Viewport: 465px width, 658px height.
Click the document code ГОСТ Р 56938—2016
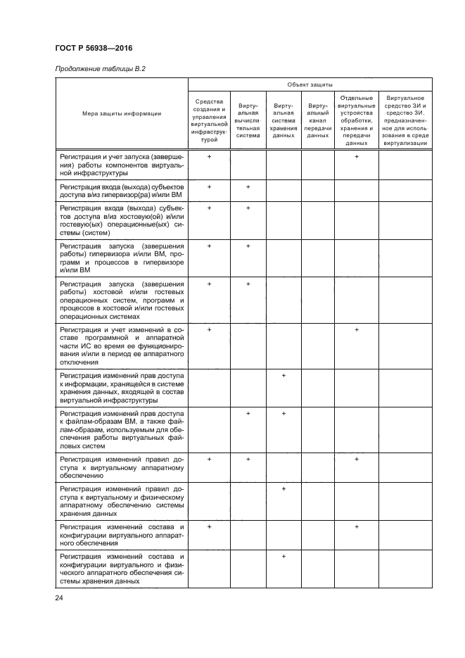tap(94, 48)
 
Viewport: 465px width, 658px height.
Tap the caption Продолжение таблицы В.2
tap(99, 68)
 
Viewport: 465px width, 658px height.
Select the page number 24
tap(59, 597)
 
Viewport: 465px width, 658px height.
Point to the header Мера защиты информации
tap(122, 113)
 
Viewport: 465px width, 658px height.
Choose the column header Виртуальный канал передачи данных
tap(318, 120)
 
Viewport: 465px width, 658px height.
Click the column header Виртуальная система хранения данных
tap(284, 120)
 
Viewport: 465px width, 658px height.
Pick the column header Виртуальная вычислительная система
tap(248, 120)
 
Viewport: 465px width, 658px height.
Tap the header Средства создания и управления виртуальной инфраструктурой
tap(210, 120)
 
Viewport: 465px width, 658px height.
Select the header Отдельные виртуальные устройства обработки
tap(357, 120)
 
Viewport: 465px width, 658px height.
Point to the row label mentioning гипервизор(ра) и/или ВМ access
tap(122, 191)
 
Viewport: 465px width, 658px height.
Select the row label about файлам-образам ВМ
tap(122, 429)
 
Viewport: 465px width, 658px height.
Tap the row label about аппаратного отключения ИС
tap(122, 346)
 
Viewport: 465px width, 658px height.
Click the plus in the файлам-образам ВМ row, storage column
tap(284, 413)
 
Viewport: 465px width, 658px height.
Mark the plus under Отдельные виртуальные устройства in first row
tap(357, 156)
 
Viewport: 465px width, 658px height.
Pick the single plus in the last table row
tap(284, 557)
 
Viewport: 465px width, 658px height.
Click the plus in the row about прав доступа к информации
tap(284, 376)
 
